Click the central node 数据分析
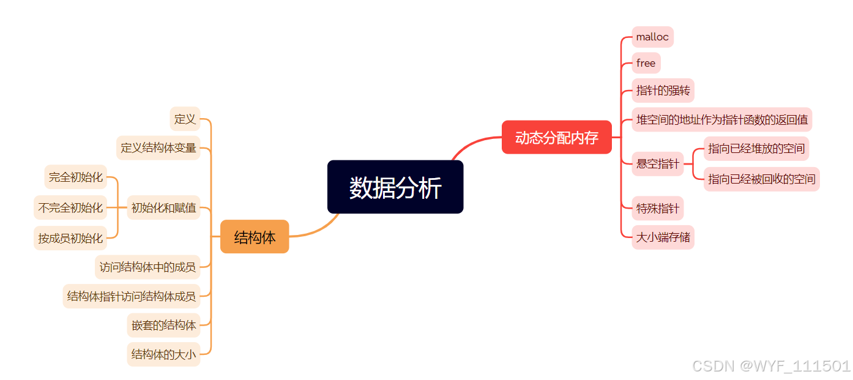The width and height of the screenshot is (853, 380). (395, 187)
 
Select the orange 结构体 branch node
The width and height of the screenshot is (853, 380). (255, 237)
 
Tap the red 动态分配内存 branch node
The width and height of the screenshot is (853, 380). (556, 138)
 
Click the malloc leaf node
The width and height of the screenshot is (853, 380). (652, 37)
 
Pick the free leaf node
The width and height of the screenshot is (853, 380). (646, 63)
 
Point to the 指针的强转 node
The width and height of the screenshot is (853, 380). (663, 91)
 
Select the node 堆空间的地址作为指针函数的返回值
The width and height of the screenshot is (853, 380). (721, 119)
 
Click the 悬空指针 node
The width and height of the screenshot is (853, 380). (657, 164)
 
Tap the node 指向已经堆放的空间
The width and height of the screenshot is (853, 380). (756, 149)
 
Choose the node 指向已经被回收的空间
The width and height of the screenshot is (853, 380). (761, 179)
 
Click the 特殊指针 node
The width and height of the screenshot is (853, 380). (657, 209)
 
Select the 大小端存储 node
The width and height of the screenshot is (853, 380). (663, 237)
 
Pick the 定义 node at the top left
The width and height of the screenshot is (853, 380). (185, 119)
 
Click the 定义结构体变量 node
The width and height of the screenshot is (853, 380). (158, 147)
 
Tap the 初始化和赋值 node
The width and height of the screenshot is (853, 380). (163, 207)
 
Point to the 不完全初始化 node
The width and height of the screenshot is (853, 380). (70, 207)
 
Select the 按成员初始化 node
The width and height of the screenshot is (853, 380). (70, 238)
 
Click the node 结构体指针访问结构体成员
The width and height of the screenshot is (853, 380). (132, 296)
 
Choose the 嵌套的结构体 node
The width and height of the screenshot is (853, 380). (163, 325)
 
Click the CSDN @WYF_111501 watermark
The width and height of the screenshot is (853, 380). (771, 366)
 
